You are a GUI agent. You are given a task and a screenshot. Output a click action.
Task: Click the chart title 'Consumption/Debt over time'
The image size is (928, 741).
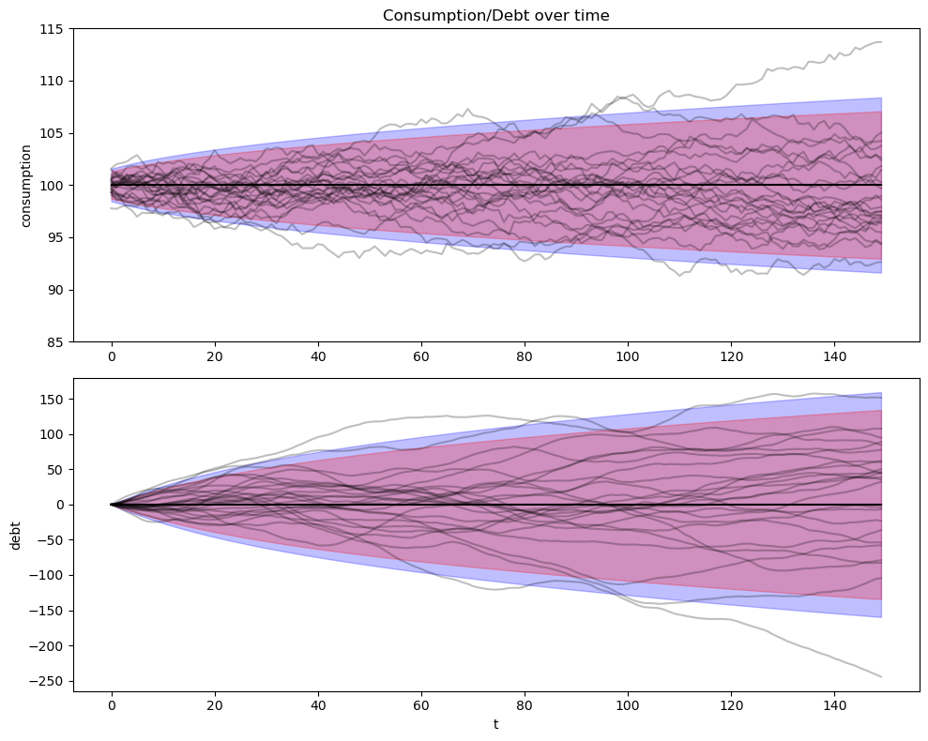pos(495,15)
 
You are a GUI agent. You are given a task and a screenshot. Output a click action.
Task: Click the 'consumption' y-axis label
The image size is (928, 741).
pos(26,185)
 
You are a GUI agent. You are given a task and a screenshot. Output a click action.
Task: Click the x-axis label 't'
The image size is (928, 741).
pos(495,724)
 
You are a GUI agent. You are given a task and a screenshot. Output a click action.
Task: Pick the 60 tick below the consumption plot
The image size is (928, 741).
pos(421,356)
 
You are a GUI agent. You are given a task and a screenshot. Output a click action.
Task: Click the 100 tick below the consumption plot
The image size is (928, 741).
pos(628,356)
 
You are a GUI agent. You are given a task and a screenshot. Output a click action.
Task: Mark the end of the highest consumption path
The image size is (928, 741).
pos(881,42)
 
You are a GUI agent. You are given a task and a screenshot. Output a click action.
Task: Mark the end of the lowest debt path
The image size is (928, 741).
pos(881,676)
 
